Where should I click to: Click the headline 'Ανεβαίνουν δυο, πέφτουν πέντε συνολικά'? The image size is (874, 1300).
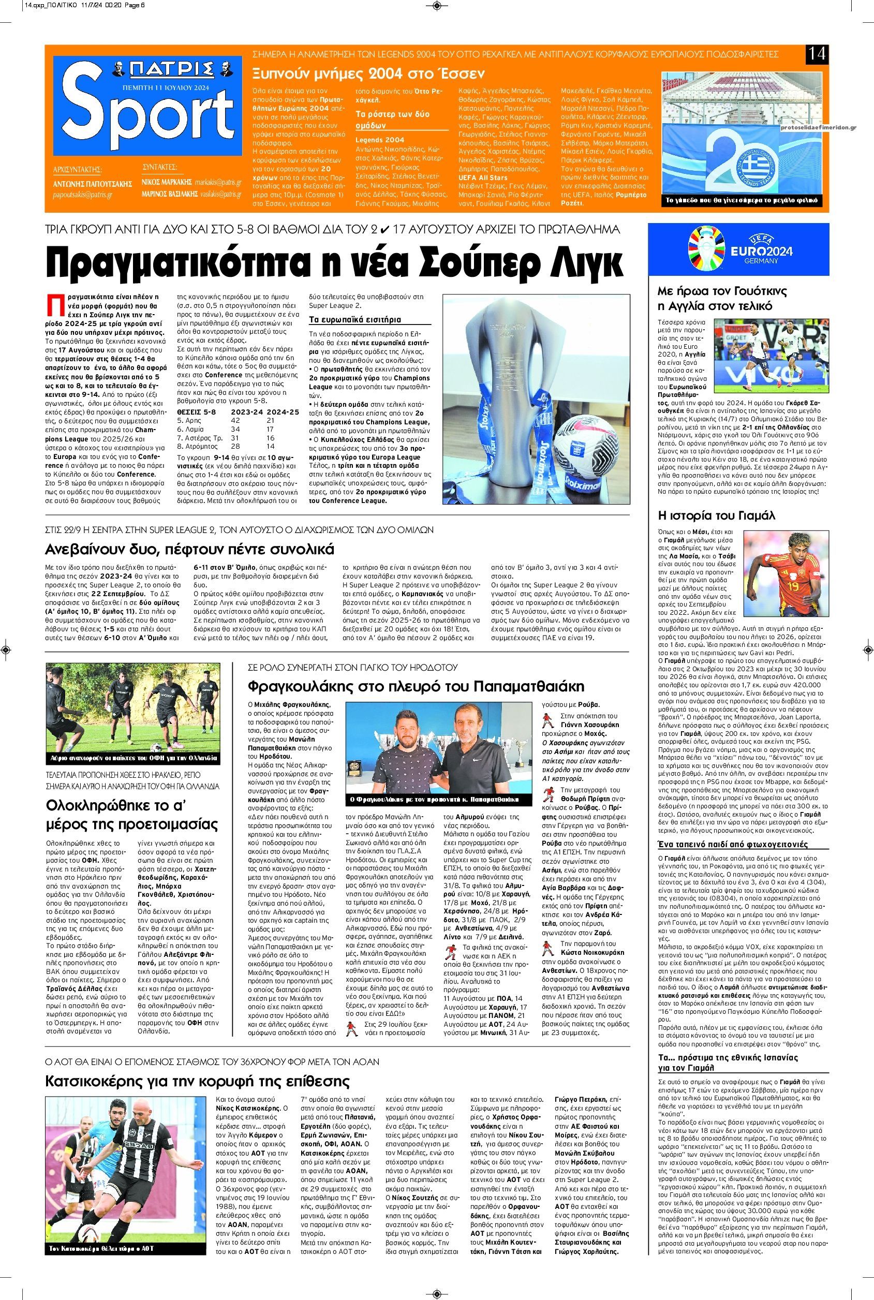tap(189, 550)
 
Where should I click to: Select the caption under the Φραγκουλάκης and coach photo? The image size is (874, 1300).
tap(432, 800)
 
